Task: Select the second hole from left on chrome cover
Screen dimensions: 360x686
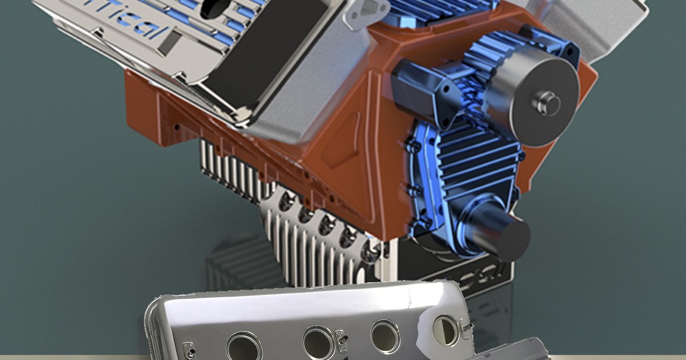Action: (319, 342)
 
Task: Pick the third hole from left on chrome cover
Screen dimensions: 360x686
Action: (385, 336)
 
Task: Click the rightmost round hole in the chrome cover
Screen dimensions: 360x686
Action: (445, 330)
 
